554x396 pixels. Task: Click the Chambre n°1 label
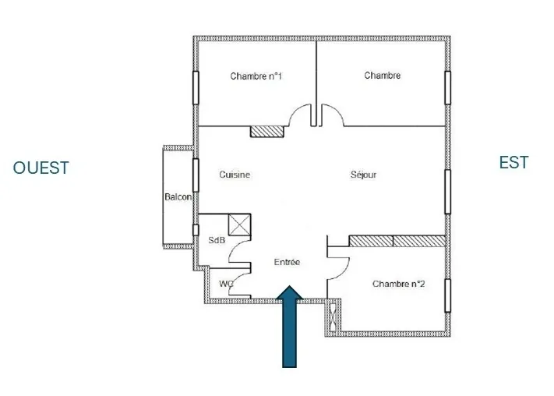(256, 76)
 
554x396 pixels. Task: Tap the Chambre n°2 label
(398, 284)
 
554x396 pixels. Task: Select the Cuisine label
(235, 175)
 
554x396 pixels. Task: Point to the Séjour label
(363, 175)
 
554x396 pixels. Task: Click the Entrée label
(287, 263)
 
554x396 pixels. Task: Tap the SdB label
(217, 240)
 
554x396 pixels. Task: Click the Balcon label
(178, 197)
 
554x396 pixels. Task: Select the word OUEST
(41, 168)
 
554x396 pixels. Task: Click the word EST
(513, 162)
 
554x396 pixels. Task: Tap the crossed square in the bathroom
(238, 225)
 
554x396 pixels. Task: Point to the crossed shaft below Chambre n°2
(334, 316)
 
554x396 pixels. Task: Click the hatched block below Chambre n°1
(266, 131)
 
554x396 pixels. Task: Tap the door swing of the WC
(241, 279)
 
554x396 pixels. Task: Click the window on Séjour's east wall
(448, 191)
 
